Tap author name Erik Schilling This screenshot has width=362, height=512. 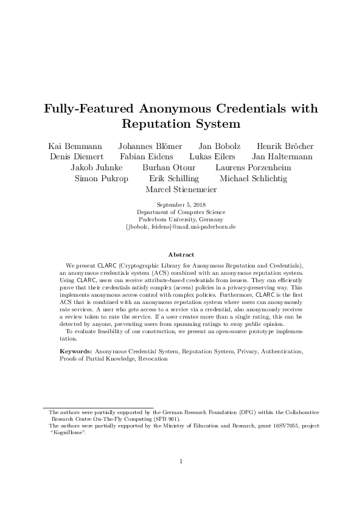click(173, 179)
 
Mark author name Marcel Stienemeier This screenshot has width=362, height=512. click(181, 190)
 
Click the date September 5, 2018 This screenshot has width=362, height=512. click(181, 205)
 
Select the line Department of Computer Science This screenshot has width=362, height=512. click(181, 212)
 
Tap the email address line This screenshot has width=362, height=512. click(181, 227)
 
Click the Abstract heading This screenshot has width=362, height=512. click(181, 254)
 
